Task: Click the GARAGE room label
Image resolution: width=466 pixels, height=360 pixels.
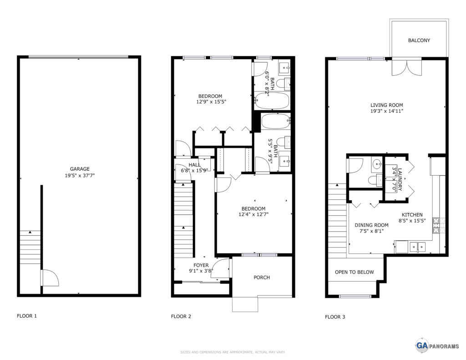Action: click(x=80, y=169)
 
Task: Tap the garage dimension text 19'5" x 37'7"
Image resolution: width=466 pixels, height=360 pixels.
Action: click(x=80, y=175)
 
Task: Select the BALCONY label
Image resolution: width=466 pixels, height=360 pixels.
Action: click(x=419, y=41)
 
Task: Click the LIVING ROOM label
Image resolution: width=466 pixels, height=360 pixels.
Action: click(x=387, y=105)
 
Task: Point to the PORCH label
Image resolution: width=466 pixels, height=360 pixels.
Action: click(x=262, y=277)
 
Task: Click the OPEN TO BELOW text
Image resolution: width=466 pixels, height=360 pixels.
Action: click(x=354, y=272)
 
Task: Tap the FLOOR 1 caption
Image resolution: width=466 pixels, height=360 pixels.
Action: click(x=27, y=316)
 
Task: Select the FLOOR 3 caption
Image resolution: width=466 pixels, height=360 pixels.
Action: click(x=335, y=317)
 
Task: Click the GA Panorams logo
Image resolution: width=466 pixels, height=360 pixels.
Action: click(x=437, y=345)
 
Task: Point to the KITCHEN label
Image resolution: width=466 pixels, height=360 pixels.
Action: click(x=412, y=215)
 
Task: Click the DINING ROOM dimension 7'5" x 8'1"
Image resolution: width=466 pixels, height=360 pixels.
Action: click(x=371, y=231)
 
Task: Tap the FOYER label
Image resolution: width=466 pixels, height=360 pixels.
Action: click(x=201, y=265)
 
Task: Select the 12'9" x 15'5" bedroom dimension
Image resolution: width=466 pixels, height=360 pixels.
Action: click(x=211, y=101)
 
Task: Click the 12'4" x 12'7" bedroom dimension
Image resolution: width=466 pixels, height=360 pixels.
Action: click(x=253, y=214)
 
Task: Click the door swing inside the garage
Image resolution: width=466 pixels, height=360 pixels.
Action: click(x=50, y=278)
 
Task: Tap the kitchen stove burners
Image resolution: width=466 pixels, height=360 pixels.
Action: click(x=436, y=225)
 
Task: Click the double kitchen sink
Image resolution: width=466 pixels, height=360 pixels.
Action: click(x=418, y=247)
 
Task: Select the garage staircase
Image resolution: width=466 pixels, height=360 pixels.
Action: click(x=30, y=247)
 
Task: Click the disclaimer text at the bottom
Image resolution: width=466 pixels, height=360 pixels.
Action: click(x=233, y=352)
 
